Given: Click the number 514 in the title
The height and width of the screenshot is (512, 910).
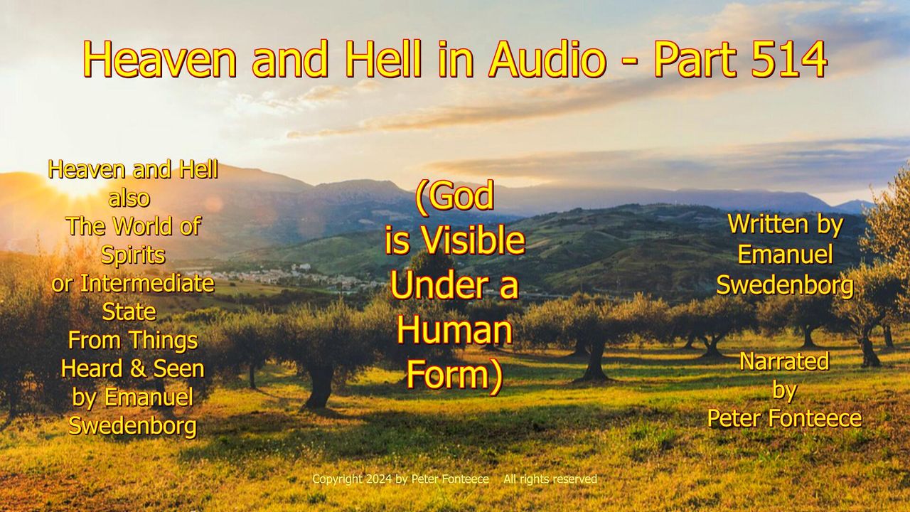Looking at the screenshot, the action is point(789,59).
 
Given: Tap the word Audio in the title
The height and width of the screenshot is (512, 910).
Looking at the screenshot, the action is point(547,59).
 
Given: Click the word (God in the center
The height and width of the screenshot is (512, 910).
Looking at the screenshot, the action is point(454,197).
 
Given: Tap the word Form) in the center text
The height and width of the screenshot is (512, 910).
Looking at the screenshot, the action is point(454,376).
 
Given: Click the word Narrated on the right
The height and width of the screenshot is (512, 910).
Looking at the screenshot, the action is point(784,361).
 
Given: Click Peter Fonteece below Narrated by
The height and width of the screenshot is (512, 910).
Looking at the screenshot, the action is point(784,418).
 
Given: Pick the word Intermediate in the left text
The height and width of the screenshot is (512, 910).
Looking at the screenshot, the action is point(147,283).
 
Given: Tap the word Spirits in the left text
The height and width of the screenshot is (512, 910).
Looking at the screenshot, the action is point(133,255).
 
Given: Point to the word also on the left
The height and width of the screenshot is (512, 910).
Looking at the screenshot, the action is point(129,198).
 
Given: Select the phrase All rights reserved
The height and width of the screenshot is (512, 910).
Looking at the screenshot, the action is point(550,479).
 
